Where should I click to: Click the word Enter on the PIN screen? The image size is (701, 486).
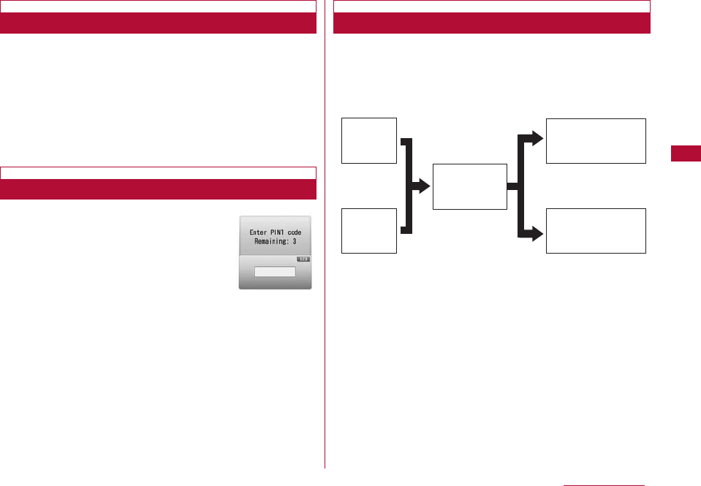pos(259,232)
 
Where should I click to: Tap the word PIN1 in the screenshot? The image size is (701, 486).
pos(281,232)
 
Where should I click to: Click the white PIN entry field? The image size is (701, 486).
pos(275,272)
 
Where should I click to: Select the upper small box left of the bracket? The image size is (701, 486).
pos(369,140)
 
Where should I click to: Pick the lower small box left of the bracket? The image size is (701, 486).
pos(369,230)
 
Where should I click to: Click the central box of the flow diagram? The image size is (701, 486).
pos(469,186)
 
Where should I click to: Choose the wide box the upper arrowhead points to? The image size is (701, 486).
pos(596,140)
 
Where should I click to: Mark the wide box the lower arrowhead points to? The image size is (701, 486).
pos(596,230)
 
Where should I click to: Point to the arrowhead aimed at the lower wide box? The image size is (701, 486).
pos(537,234)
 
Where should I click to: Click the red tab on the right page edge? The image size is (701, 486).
pos(685,154)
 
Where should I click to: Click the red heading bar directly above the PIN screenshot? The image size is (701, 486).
pos(158,190)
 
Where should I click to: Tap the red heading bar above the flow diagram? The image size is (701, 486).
pos(491,23)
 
